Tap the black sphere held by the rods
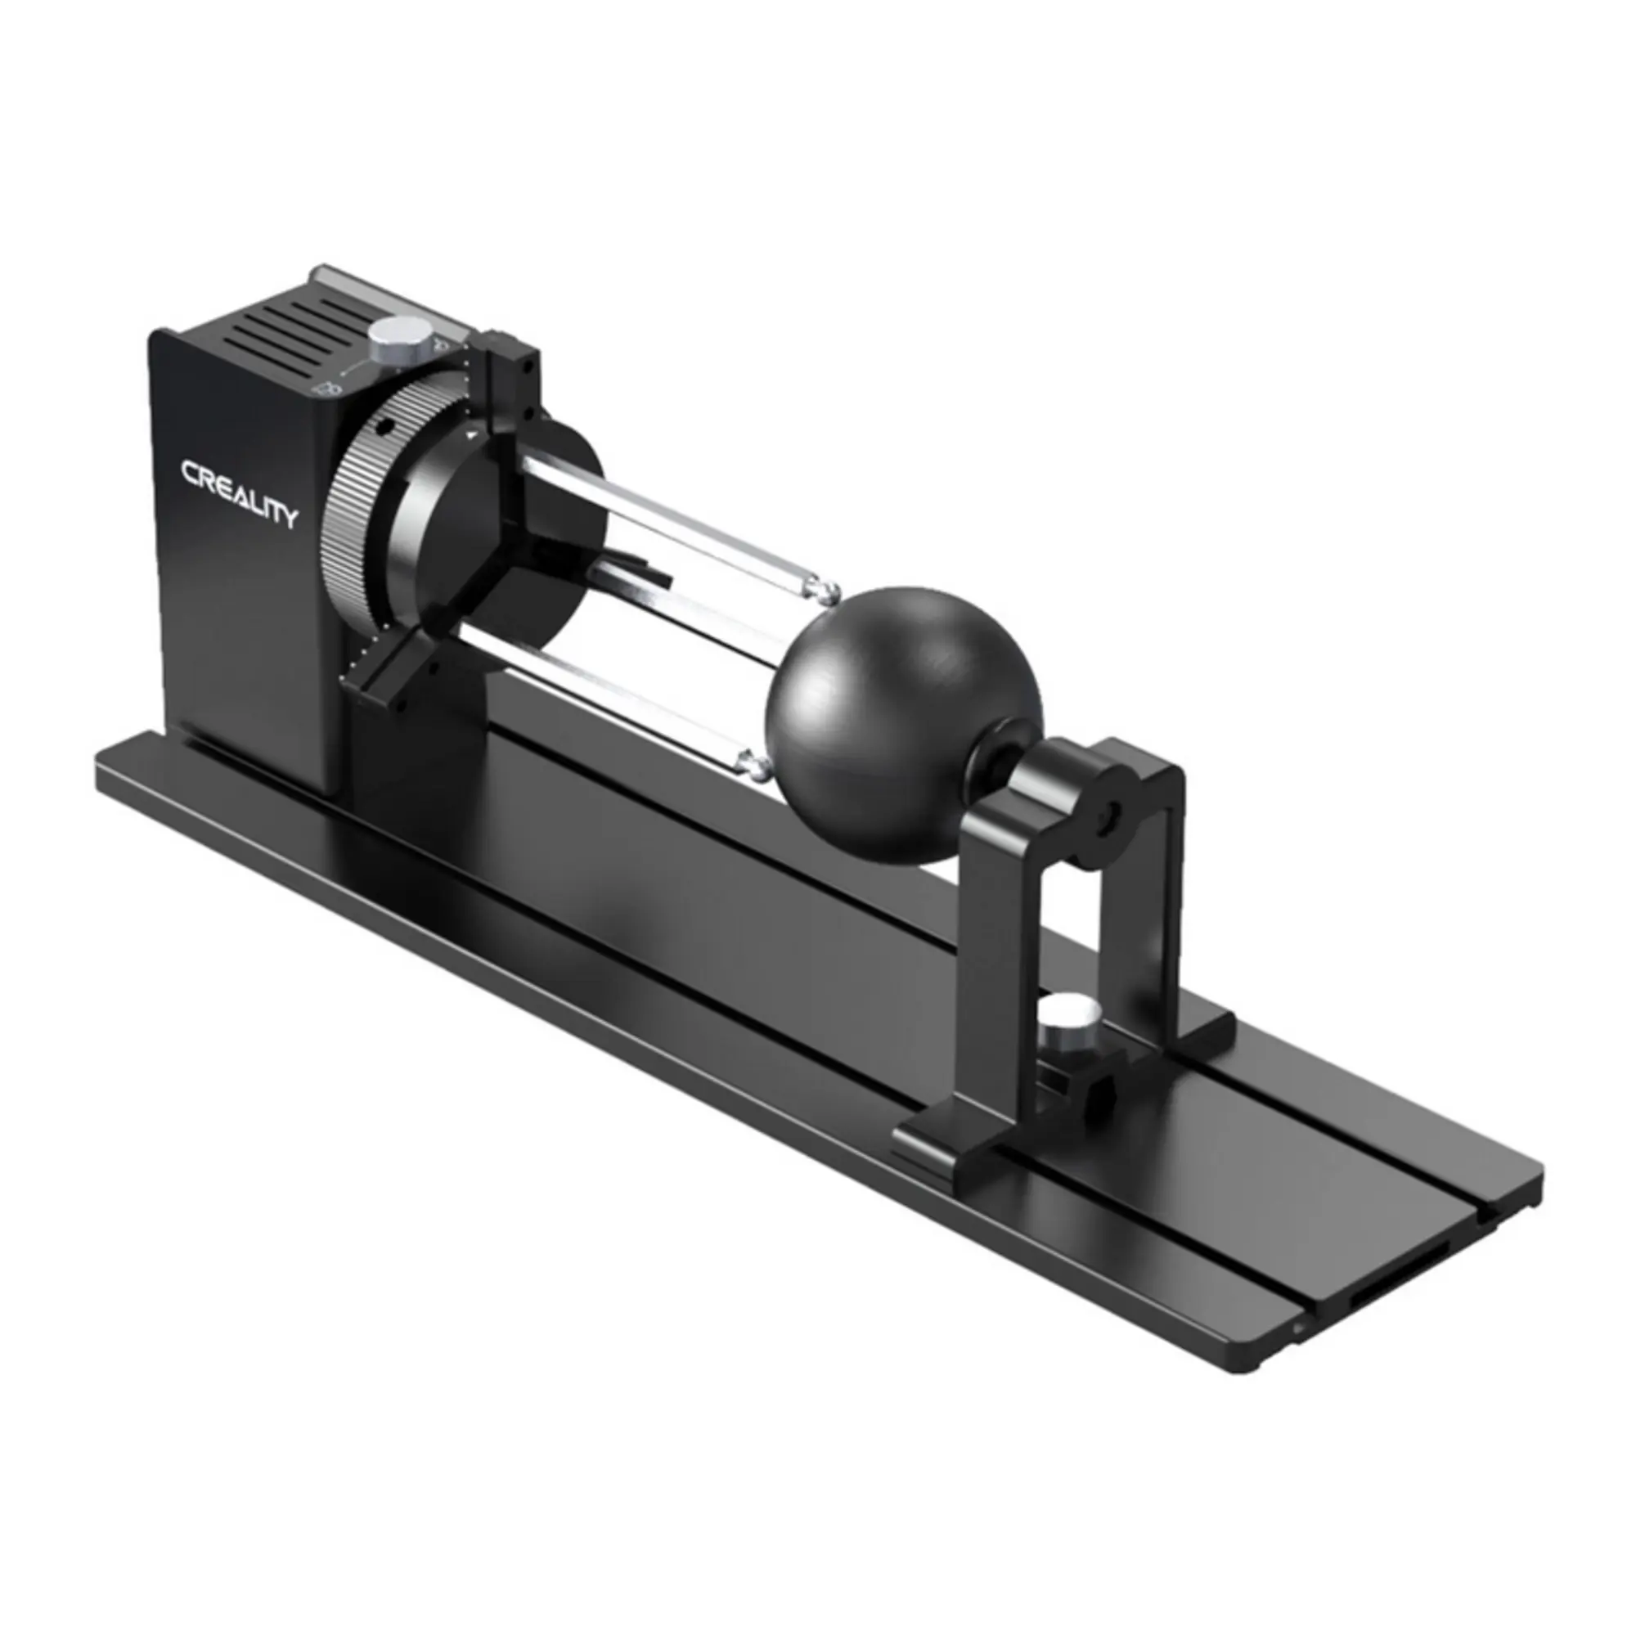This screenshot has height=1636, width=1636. point(903,725)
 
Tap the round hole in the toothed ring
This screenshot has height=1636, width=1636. point(385,427)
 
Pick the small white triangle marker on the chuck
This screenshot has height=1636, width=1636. point(470,434)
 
